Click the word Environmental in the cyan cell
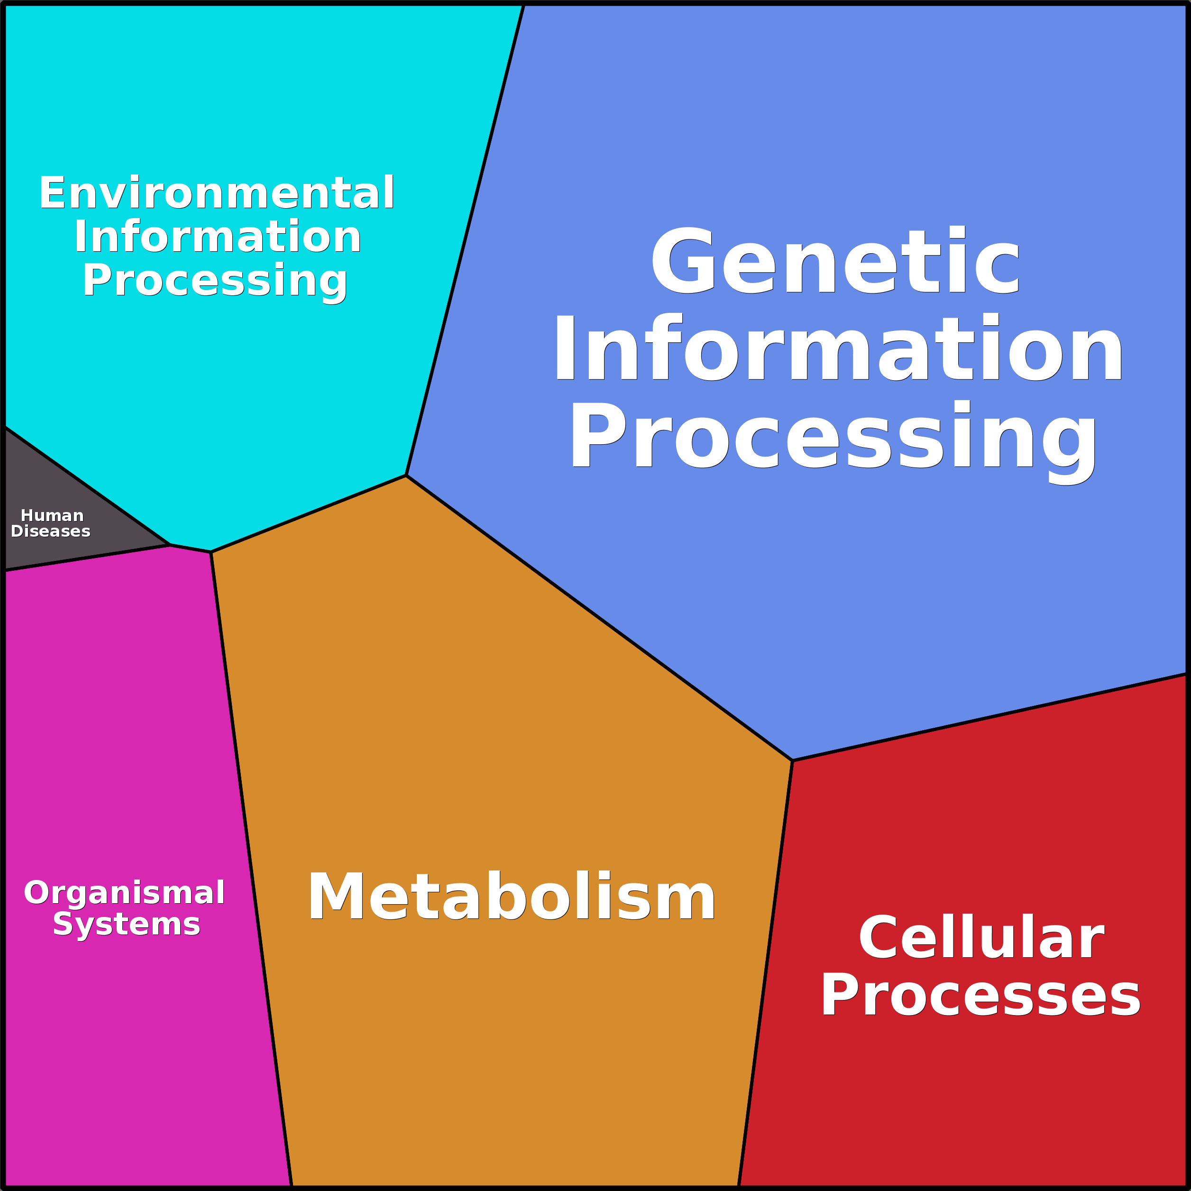(x=216, y=193)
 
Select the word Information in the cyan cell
(x=218, y=238)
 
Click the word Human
(x=53, y=515)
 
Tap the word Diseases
(x=51, y=531)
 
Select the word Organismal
(x=125, y=893)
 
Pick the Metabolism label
(x=512, y=898)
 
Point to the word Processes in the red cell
(x=980, y=996)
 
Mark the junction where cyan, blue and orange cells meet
(x=406, y=475)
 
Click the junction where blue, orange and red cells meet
(x=792, y=760)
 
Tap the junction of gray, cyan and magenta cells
(x=170, y=545)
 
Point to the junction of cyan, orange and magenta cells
(x=211, y=552)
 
